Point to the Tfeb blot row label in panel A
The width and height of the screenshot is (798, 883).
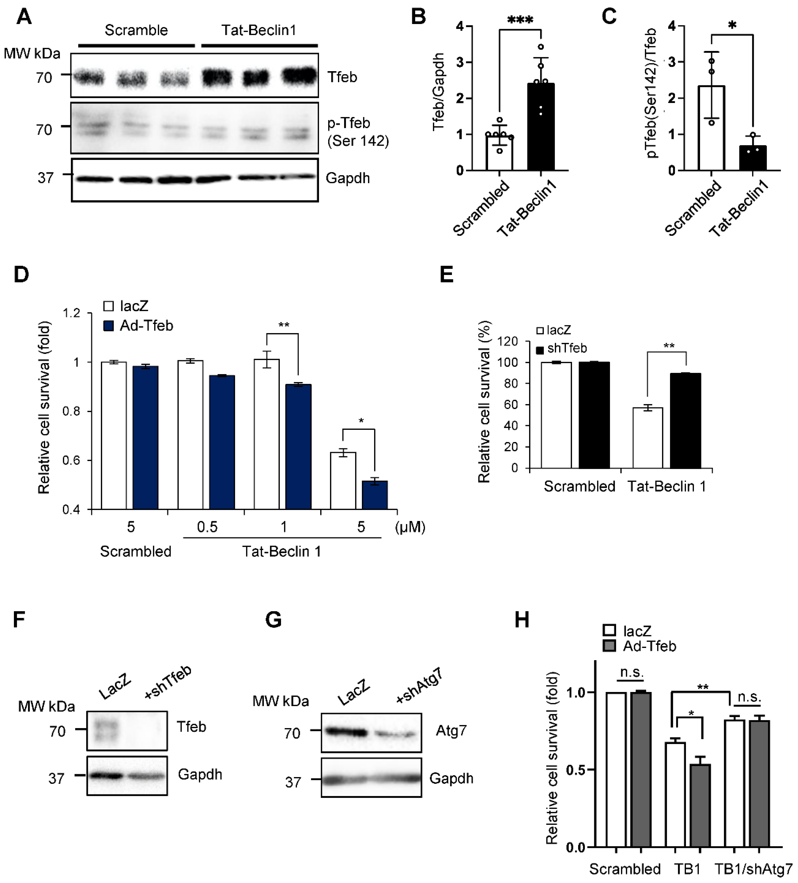pyautogui.click(x=342, y=77)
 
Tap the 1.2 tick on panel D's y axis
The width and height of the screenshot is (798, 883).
pyautogui.click(x=71, y=313)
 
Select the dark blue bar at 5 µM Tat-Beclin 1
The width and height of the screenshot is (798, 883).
pyautogui.click(x=375, y=495)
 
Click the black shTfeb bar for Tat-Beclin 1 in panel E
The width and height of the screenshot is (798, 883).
pyautogui.click(x=685, y=420)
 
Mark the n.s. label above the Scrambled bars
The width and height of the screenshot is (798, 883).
pyautogui.click(x=631, y=672)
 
